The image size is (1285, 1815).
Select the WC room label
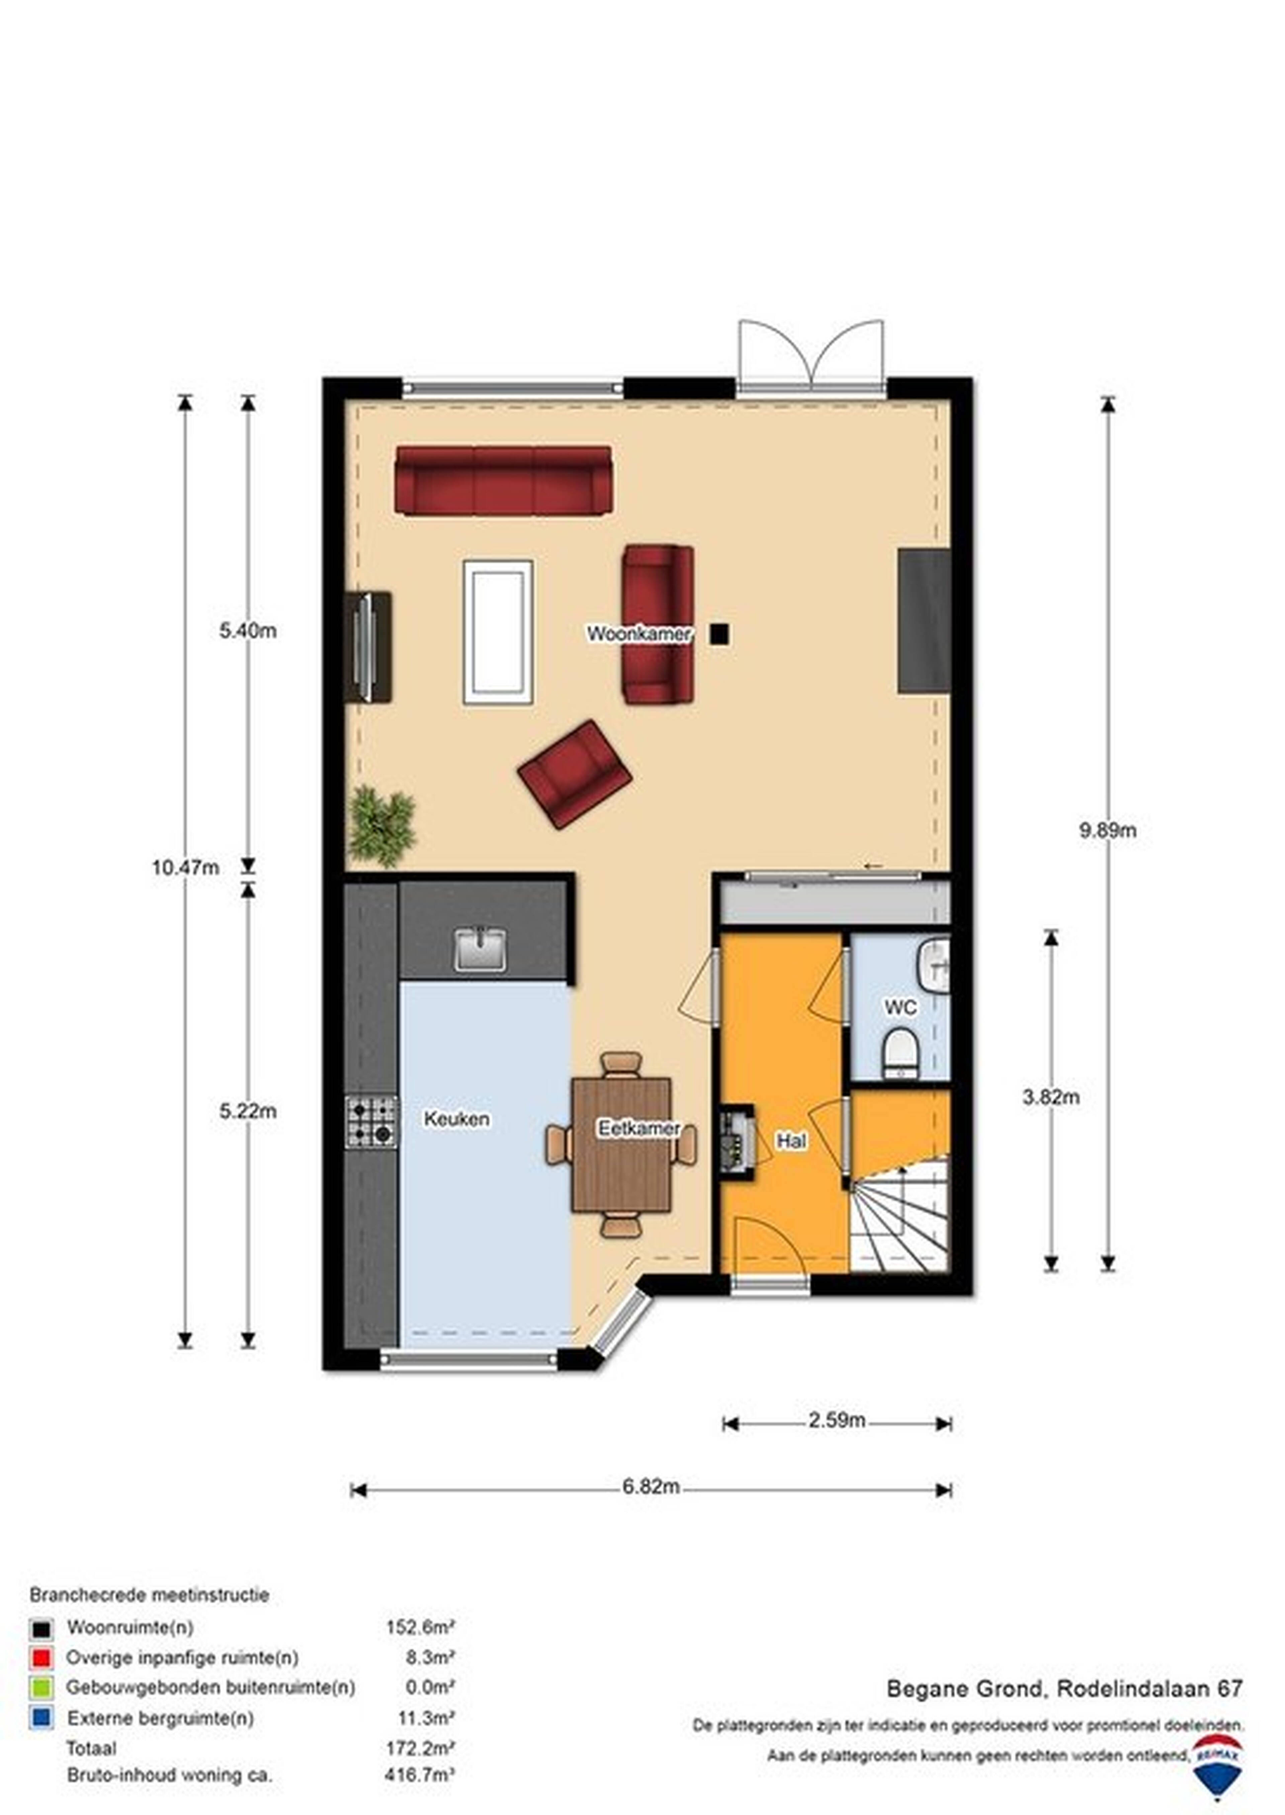(901, 1008)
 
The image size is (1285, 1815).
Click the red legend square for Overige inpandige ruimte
(41, 1657)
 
